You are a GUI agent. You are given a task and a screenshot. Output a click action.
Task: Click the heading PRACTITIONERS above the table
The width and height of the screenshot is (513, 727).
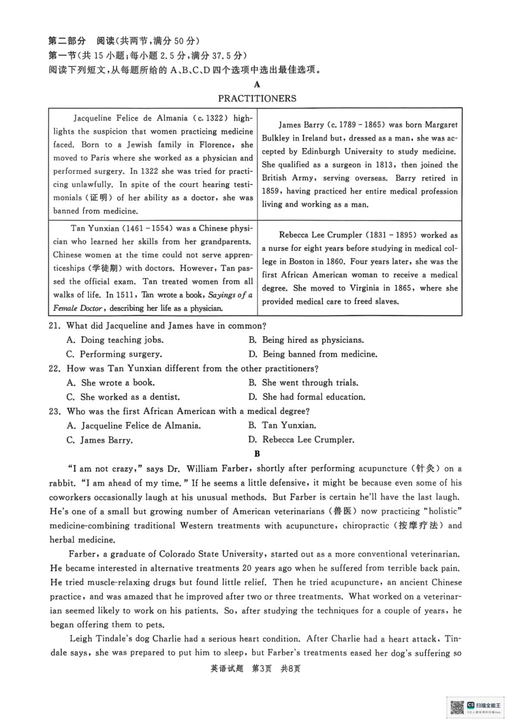pyautogui.click(x=257, y=98)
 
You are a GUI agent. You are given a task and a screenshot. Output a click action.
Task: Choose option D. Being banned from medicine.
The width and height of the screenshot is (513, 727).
pyautogui.click(x=313, y=354)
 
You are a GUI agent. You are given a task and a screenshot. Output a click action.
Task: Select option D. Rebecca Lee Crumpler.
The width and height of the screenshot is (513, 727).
pyautogui.click(x=301, y=439)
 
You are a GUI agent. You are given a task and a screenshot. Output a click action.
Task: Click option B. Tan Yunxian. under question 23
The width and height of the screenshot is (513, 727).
pyautogui.click(x=282, y=425)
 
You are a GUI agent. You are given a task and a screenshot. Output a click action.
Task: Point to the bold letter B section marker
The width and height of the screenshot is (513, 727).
pyautogui.click(x=257, y=453)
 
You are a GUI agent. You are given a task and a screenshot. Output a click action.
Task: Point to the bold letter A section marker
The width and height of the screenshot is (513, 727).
pyautogui.click(x=257, y=84)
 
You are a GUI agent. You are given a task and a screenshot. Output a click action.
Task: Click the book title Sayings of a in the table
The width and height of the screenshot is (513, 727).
pyautogui.click(x=230, y=295)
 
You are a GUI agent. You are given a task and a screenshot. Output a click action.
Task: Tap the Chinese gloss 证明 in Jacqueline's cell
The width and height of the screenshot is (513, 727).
pyautogui.click(x=98, y=198)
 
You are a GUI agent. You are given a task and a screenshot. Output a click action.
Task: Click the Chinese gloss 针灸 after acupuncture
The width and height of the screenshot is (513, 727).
pyautogui.click(x=426, y=469)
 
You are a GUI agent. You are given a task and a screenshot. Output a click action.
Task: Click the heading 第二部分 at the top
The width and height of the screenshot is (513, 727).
pyautogui.click(x=67, y=41)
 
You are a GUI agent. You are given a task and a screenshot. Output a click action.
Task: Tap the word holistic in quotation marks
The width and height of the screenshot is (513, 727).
pyautogui.click(x=443, y=511)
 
